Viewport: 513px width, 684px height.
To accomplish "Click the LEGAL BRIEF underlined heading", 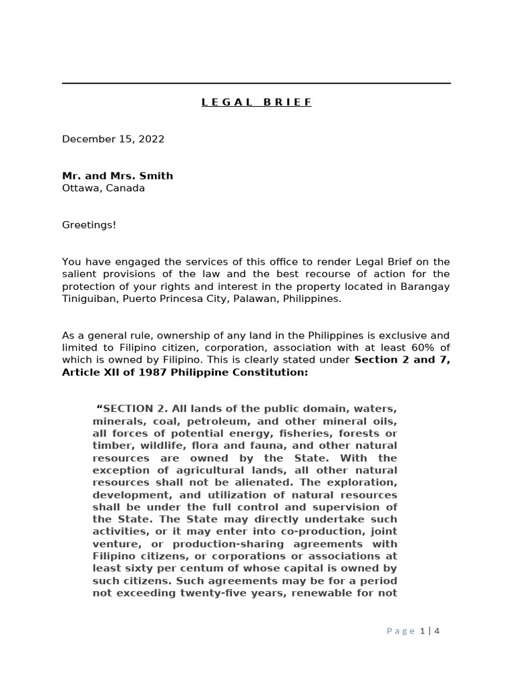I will (256, 102).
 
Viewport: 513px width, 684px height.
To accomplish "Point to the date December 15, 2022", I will (113, 139).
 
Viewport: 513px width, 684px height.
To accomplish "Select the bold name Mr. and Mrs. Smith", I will (118, 176).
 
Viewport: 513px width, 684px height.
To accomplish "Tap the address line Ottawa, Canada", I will (103, 188).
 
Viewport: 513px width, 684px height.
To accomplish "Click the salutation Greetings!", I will (89, 224).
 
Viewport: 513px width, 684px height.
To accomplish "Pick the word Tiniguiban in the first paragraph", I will (87, 299).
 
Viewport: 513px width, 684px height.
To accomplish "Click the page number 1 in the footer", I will (422, 631).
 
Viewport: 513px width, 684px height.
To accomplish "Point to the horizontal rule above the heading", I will (256, 83).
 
